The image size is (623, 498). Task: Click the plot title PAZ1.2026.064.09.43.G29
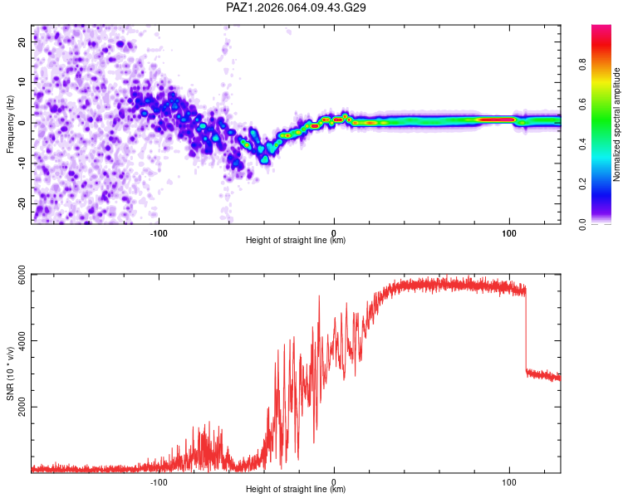296,7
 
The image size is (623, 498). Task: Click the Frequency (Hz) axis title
10,124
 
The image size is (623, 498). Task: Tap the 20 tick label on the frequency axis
22,42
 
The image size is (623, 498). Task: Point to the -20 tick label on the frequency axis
22,204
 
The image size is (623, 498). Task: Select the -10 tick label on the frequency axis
22,163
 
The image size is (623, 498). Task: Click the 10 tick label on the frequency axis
22,82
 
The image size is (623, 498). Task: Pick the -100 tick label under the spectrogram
159,233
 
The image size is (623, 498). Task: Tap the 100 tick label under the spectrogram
509,233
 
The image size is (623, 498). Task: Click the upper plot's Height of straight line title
296,240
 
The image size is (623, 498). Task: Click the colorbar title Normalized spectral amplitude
616,124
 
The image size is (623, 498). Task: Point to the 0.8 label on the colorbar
582,64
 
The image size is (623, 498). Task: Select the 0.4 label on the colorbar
582,144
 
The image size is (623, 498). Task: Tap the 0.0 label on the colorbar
582,224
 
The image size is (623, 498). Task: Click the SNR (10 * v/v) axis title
10,373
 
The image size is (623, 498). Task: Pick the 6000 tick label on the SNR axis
22,275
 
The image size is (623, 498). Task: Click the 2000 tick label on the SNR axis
22,407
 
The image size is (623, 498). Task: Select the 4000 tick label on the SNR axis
22,341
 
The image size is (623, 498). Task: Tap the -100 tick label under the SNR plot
159,482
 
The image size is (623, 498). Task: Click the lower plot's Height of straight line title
296,489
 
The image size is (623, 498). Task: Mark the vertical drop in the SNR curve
526,332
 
